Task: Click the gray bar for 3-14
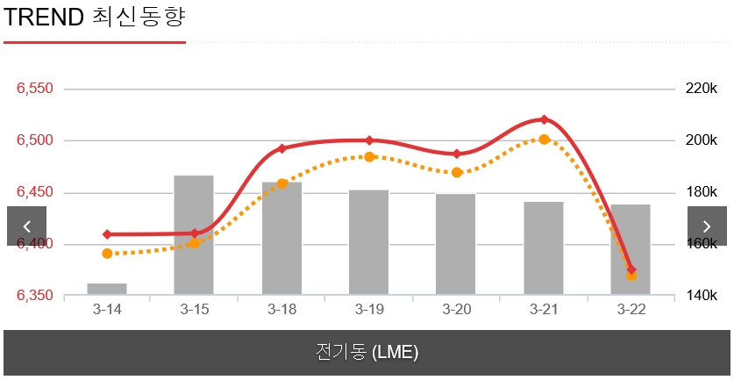pyautogui.click(x=107, y=289)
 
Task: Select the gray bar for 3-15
pyautogui.click(x=194, y=235)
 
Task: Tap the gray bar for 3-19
pyautogui.click(x=368, y=242)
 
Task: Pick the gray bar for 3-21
pyautogui.click(x=544, y=248)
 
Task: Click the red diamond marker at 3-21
pyautogui.click(x=544, y=119)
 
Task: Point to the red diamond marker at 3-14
pyautogui.click(x=107, y=234)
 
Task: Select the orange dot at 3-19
pyautogui.click(x=369, y=157)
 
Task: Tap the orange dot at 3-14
pyautogui.click(x=107, y=254)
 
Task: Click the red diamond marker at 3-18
pyautogui.click(x=281, y=149)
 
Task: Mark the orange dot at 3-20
pyautogui.click(x=457, y=173)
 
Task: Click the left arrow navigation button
pyautogui.click(x=26, y=226)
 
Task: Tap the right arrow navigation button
pyautogui.click(x=707, y=226)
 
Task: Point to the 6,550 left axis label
pyautogui.click(x=35, y=89)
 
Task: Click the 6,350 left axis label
pyautogui.click(x=35, y=296)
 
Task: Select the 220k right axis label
pyautogui.click(x=701, y=89)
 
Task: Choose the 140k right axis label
pyautogui.click(x=701, y=296)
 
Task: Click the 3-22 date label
pyautogui.click(x=631, y=310)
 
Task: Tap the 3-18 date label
pyautogui.click(x=281, y=310)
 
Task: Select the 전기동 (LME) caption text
pyautogui.click(x=367, y=353)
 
